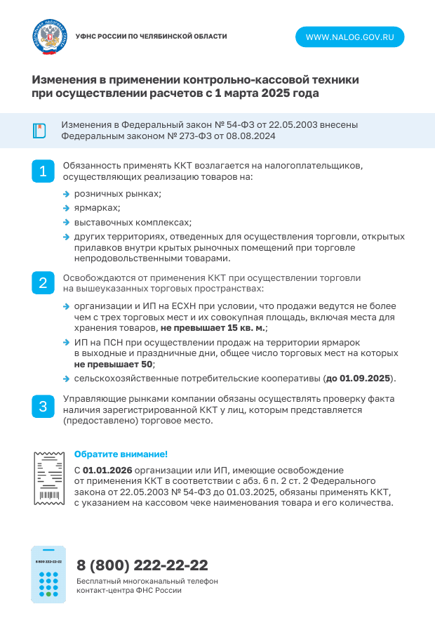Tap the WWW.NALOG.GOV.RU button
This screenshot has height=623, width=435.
349,37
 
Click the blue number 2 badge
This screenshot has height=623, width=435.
43,284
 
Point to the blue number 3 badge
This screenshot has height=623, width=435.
43,407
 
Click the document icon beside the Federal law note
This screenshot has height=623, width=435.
39,131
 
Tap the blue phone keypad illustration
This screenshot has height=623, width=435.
48,574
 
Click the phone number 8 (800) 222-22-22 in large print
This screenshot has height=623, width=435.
142,565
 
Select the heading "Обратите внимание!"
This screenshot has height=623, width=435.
121,454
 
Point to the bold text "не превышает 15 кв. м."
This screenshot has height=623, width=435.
213,328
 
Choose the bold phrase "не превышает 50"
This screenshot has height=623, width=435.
113,365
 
